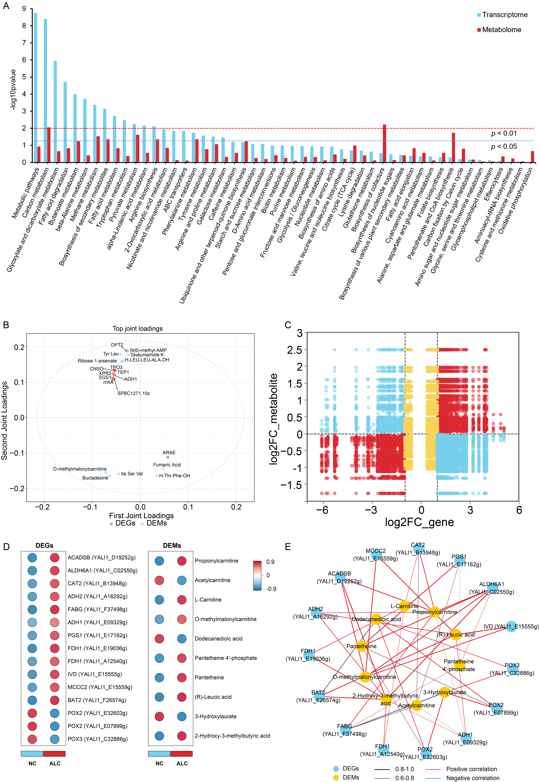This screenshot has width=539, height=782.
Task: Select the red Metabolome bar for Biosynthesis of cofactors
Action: pos(384,144)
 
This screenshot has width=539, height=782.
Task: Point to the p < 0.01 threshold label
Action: pos(504,133)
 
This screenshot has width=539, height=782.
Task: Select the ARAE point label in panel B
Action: pos(169,453)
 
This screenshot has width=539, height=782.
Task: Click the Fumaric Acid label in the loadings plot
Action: pos(167,465)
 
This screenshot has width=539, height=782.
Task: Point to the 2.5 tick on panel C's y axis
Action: pos(294,350)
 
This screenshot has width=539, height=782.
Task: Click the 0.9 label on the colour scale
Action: pos(270,562)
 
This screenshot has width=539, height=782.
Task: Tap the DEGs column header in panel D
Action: pos(44,546)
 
